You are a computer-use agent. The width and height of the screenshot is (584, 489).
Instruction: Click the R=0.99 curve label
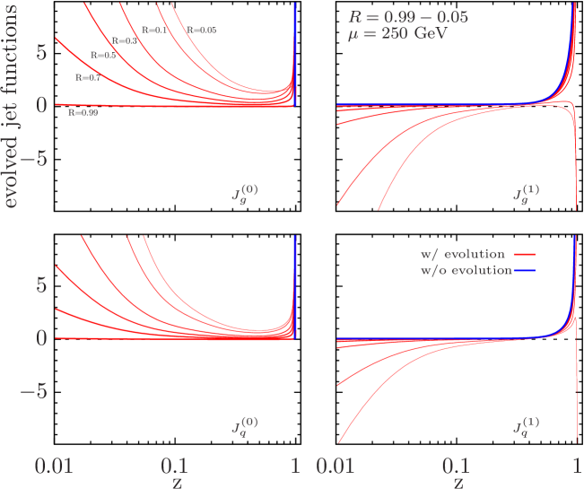coord(83,113)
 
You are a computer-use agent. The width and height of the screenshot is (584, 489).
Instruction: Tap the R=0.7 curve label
coord(88,78)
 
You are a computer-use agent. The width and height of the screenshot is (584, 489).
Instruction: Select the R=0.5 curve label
coord(104,56)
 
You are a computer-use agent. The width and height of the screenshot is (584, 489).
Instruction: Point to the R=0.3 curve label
coord(124,41)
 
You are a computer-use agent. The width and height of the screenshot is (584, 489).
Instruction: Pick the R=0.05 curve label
coord(202,31)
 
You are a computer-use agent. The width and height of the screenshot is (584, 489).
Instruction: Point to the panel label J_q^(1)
coord(526,424)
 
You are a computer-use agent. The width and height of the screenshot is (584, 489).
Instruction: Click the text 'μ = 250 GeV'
coord(398,37)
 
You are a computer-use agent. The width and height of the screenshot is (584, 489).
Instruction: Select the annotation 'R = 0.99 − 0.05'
coord(407,16)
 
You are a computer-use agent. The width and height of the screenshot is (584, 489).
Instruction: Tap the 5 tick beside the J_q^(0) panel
coord(39,285)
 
